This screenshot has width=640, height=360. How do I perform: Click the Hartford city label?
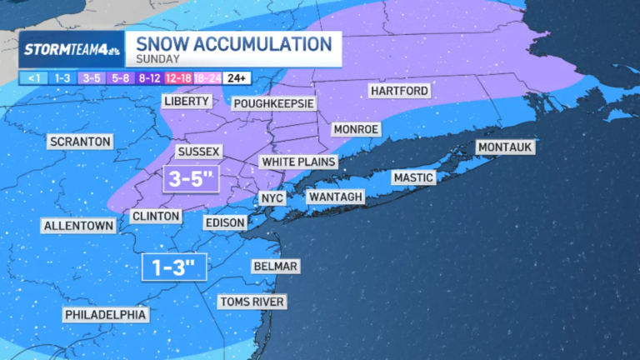(x=399, y=90)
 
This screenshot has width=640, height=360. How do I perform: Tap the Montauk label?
(x=504, y=147)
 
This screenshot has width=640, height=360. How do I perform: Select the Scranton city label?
(x=80, y=142)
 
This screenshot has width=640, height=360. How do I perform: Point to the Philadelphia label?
(x=106, y=314)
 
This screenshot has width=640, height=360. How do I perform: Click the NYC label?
(x=272, y=198)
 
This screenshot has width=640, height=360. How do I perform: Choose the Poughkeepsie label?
(x=273, y=103)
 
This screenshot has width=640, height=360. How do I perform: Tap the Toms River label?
(x=252, y=302)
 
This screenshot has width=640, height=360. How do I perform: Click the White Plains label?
(x=298, y=161)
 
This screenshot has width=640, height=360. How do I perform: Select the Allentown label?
(x=78, y=226)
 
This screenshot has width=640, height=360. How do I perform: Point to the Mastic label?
(x=414, y=177)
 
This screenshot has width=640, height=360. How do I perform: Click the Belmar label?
(x=275, y=266)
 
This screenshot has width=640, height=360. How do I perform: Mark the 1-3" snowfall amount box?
(x=173, y=267)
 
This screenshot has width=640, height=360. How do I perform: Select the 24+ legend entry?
(x=238, y=78)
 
